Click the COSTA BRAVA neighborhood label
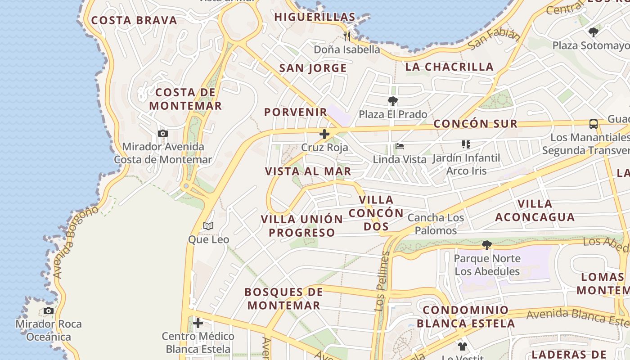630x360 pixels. [x=134, y=20]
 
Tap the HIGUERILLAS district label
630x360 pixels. [x=315, y=17]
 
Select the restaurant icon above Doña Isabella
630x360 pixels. [x=347, y=36]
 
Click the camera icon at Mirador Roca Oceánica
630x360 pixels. [x=49, y=311]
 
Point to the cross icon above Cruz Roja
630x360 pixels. [x=324, y=134]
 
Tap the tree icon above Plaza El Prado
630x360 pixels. [x=393, y=101]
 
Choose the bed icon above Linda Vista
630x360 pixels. [x=399, y=146]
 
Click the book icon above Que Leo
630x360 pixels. [x=208, y=226]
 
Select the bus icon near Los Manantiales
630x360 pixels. [x=594, y=124]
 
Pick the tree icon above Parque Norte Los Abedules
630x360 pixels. [x=486, y=245]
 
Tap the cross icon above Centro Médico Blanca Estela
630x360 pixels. [x=198, y=323]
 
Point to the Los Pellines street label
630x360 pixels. [x=382, y=281]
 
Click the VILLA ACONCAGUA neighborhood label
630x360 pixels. [x=535, y=211]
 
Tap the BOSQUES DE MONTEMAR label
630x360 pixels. [x=284, y=298]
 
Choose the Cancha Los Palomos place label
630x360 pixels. [x=436, y=224]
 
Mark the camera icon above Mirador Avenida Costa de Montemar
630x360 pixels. [x=163, y=134]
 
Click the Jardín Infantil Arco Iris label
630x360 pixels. [x=466, y=164]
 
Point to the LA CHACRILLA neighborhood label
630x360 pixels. [x=450, y=67]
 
